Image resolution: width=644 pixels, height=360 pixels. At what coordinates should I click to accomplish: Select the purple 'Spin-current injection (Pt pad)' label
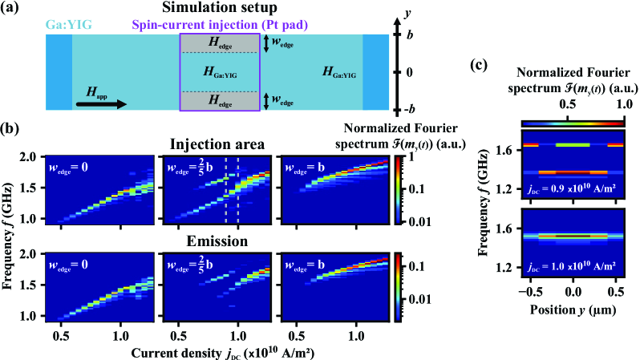[x=245, y=25]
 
